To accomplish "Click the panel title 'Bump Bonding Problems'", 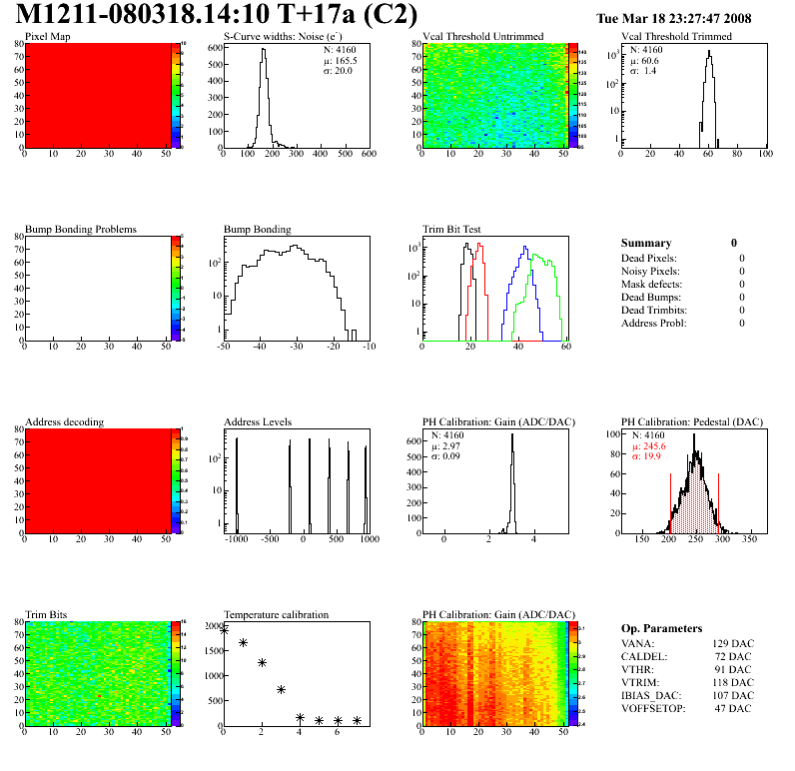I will [81, 229].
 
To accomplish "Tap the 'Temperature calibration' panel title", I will [276, 614].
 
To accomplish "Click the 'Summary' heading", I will [646, 243].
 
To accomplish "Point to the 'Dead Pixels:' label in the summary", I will [650, 258].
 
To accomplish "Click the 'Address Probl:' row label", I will [654, 323].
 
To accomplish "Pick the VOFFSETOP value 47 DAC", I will [735, 708].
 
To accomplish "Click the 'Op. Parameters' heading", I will [661, 628].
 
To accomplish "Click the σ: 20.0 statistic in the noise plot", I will [337, 71].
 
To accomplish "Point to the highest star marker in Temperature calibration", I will [224, 629].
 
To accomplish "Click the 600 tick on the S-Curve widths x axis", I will [368, 155].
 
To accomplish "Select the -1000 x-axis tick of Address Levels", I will [237, 539].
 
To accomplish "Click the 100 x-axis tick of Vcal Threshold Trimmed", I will [765, 155].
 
